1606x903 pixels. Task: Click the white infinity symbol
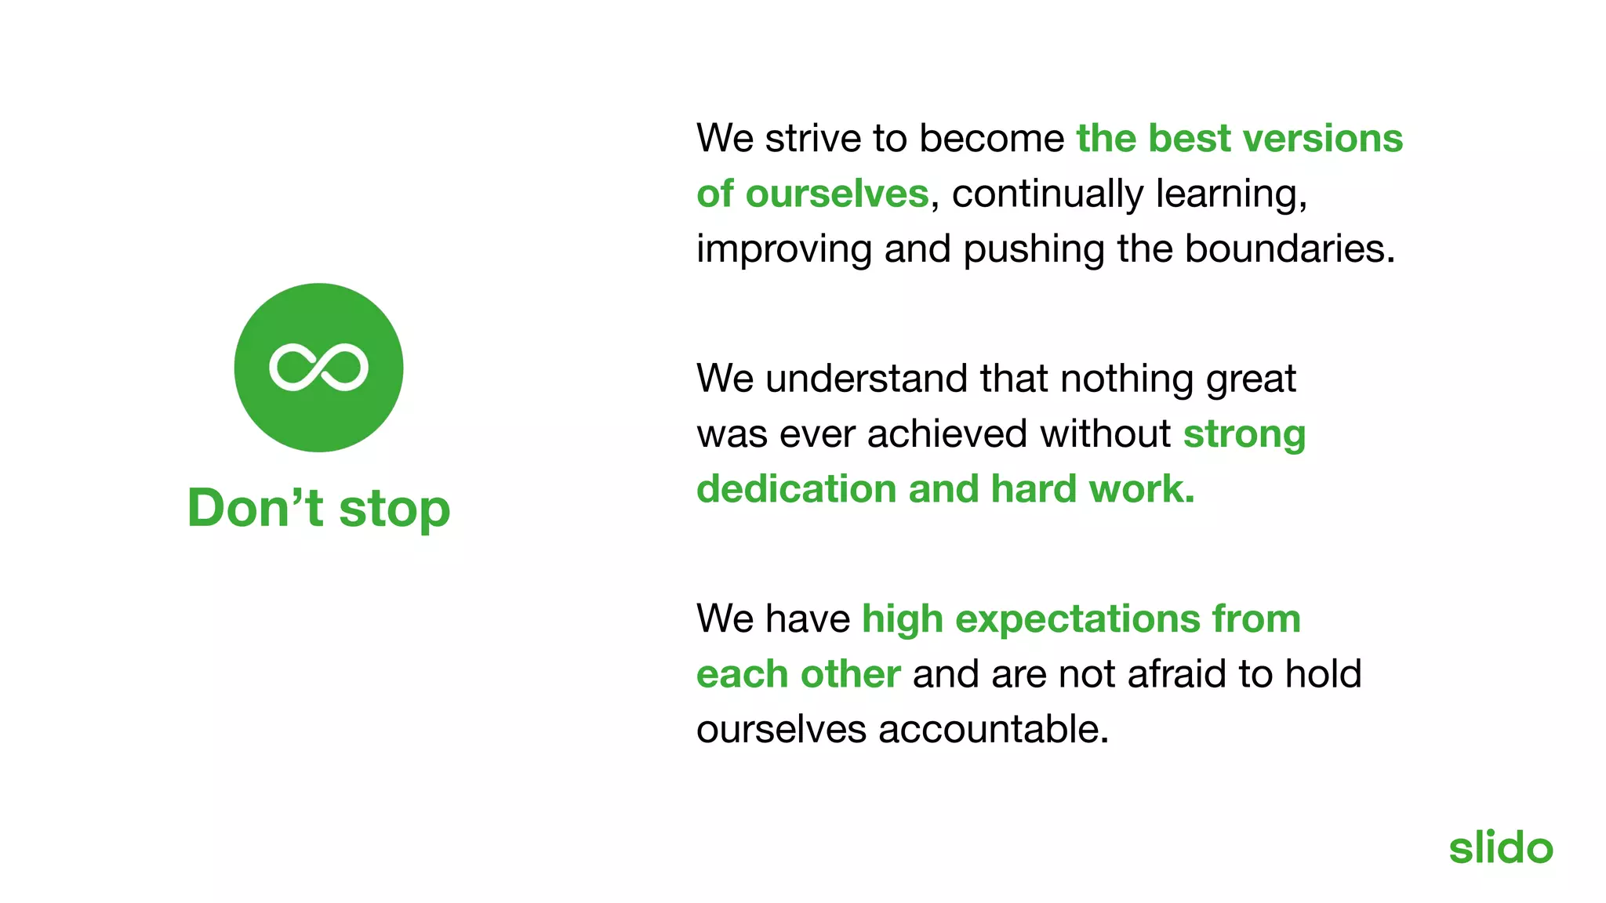[x=318, y=367]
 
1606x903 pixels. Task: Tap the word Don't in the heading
[x=255, y=508]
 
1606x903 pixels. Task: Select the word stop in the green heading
[x=394, y=510]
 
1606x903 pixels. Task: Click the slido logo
[x=1500, y=848]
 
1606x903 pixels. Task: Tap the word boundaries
[x=1289, y=249]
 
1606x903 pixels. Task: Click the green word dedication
[x=796, y=489]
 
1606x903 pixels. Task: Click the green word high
[x=902, y=620]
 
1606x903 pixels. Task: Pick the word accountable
[x=993, y=730]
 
